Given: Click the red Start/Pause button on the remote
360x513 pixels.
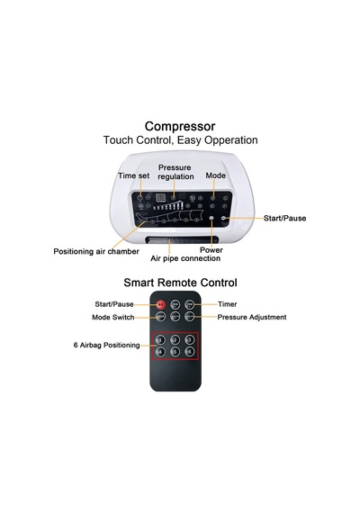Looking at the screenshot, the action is [160, 304].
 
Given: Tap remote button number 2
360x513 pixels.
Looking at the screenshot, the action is [175, 340].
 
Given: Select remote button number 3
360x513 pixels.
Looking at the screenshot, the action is [190, 340].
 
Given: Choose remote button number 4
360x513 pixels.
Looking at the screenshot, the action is [160, 352].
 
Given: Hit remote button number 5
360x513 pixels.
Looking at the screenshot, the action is [175, 352].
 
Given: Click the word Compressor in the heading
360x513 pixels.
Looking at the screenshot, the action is [180, 126].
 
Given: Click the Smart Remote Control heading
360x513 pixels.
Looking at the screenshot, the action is [180, 283].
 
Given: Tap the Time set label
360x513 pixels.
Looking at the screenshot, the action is [133, 175].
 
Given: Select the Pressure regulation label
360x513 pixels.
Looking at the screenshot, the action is [175, 172].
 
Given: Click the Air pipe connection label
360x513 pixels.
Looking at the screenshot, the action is [185, 258].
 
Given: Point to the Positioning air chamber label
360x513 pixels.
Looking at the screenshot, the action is [96, 252].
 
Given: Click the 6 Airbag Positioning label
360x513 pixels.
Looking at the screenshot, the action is [107, 346].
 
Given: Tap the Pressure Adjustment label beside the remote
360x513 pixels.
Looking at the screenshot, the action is [252, 317].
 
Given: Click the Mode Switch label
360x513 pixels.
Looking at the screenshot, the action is [112, 317].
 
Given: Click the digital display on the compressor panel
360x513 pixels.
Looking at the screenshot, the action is [160, 198].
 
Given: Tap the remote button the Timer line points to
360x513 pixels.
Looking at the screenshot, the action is [190, 304].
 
